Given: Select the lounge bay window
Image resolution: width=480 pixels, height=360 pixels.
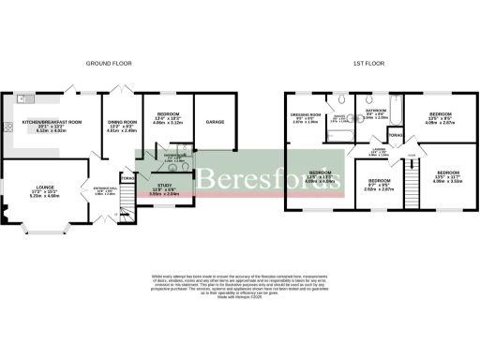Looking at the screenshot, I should coord(43,227).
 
